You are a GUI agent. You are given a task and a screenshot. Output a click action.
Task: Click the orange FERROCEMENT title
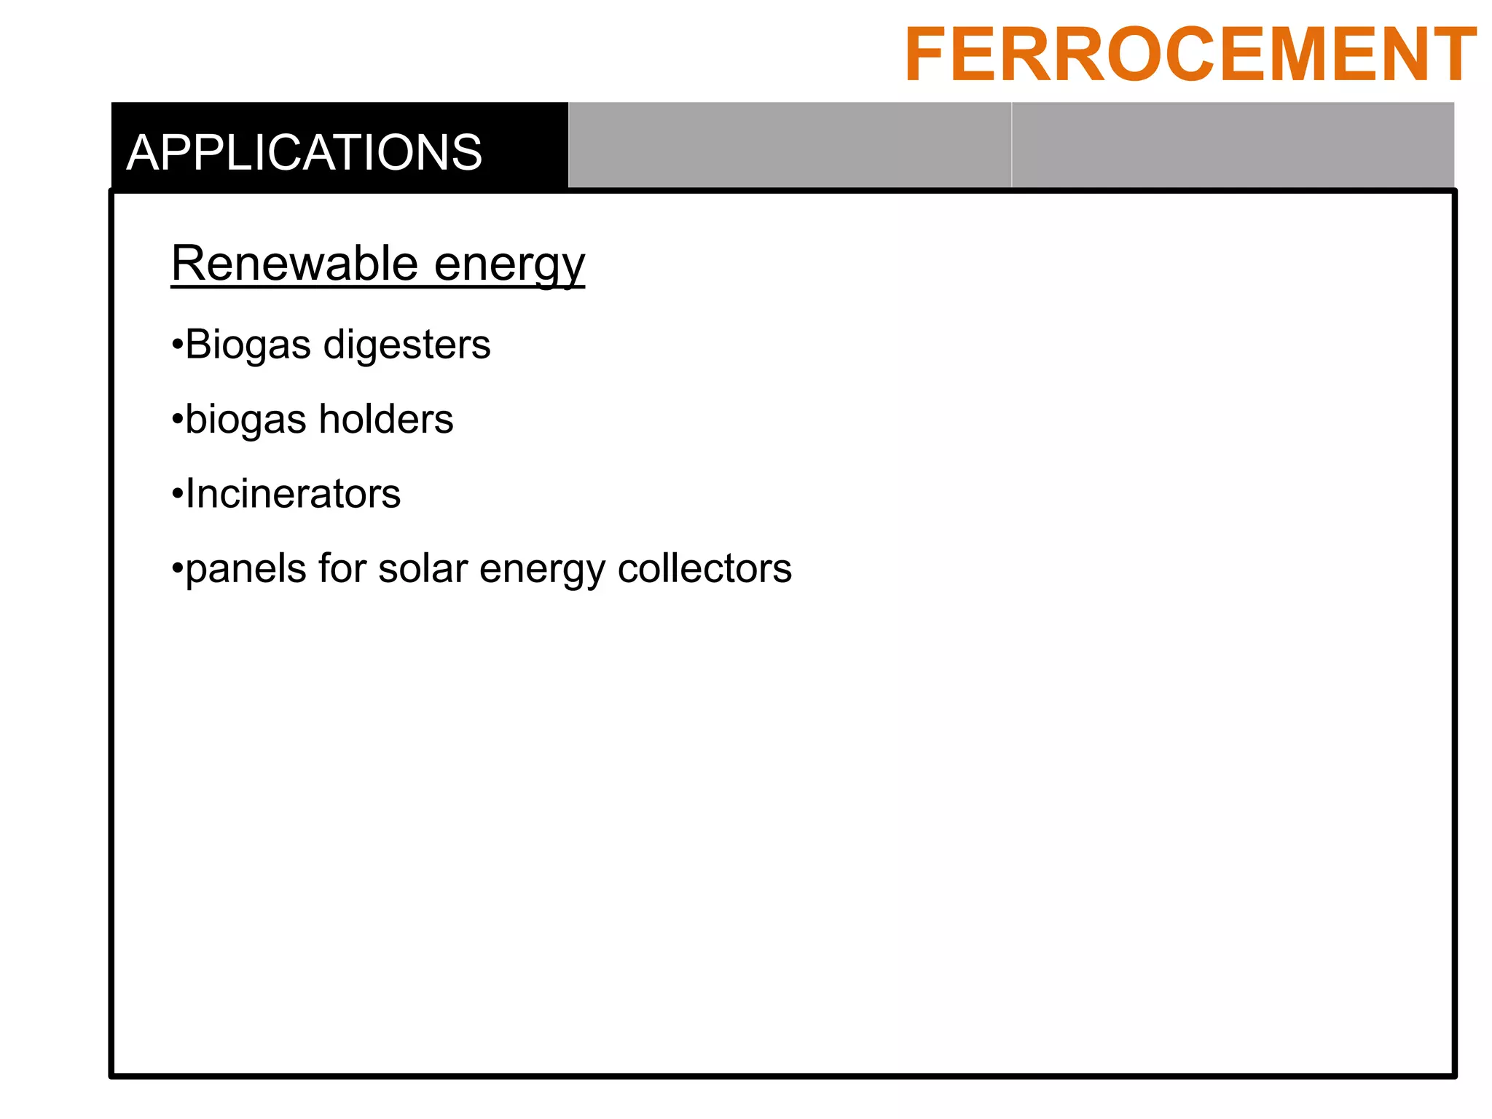(1190, 55)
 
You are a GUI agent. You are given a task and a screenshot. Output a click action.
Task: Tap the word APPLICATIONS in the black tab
(305, 153)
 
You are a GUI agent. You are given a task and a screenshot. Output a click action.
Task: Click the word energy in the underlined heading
(509, 264)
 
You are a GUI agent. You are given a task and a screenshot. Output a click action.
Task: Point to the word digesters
(407, 345)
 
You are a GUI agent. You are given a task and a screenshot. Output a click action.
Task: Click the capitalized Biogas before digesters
(248, 346)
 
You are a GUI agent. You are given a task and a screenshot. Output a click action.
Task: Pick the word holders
(385, 420)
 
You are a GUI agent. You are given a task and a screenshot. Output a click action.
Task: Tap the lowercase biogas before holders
(246, 421)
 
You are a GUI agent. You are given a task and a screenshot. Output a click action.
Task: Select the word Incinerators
(293, 494)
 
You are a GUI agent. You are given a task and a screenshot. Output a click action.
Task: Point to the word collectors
(704, 568)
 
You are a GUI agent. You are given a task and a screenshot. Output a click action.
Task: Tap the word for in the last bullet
(342, 568)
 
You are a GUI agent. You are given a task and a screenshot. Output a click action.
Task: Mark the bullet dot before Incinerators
(176, 495)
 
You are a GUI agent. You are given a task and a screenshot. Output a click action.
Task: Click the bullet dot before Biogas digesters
(176, 345)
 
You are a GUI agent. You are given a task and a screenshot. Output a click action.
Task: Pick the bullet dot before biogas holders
(176, 420)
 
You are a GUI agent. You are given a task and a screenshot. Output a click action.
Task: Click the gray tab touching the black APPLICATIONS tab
(789, 145)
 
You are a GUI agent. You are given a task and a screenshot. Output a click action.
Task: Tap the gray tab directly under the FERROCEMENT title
(1233, 145)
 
